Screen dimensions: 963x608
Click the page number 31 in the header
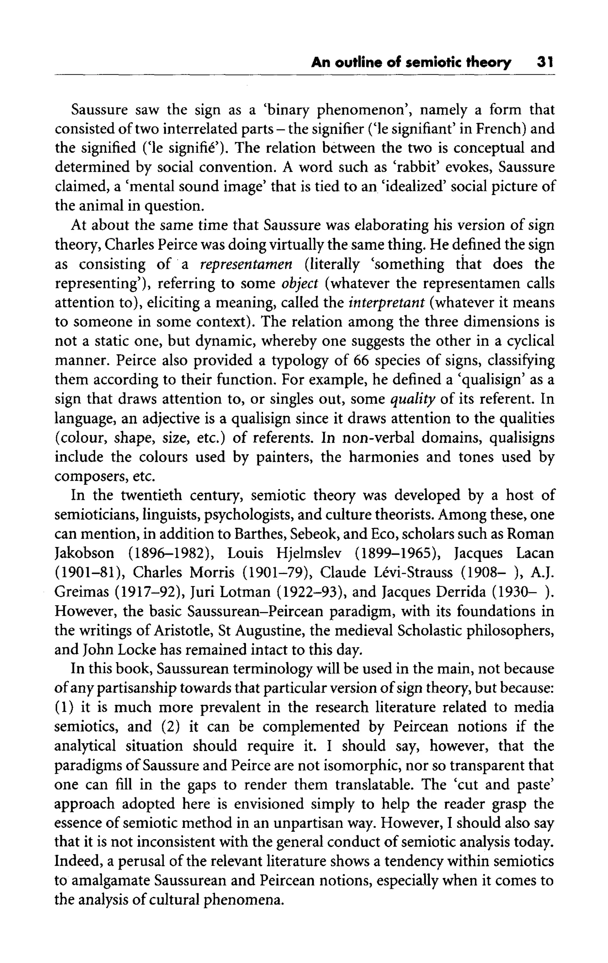pos(545,63)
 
